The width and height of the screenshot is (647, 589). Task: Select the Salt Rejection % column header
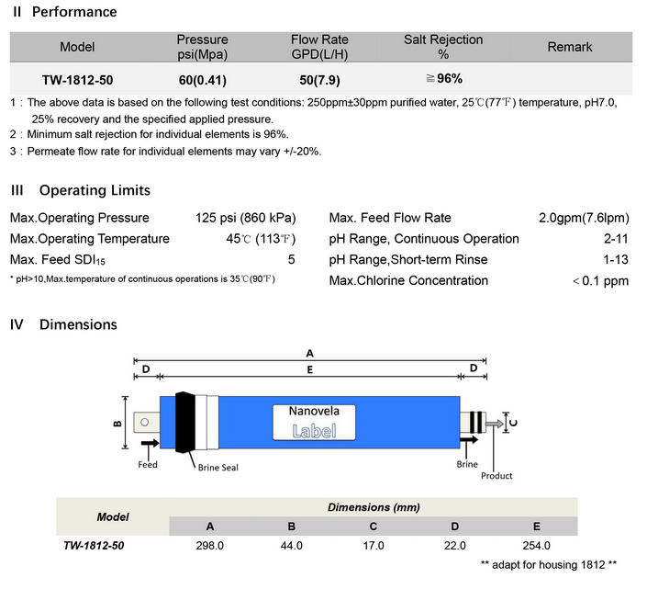pos(443,47)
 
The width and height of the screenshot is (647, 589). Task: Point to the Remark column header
pos(570,47)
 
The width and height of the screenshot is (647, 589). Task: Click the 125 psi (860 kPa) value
pos(245,218)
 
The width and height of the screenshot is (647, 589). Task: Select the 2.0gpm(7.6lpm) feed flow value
pos(584,218)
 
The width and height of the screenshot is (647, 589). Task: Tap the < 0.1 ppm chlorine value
pos(600,280)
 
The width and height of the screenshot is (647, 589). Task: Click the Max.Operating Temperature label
pos(90,239)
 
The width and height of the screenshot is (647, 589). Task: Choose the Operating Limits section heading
pos(81,190)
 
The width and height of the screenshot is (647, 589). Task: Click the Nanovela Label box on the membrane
pos(312,422)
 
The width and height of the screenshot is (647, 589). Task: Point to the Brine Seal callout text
pos(218,468)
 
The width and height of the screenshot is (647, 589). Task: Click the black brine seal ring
pos(184,422)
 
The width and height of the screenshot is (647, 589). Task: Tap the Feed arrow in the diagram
pos(149,444)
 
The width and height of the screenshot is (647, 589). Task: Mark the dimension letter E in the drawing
pos(310,370)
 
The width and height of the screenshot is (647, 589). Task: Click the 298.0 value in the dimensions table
pos(210,545)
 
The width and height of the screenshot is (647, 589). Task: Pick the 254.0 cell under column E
pos(536,545)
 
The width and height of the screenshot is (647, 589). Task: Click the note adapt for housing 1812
pos(548,563)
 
